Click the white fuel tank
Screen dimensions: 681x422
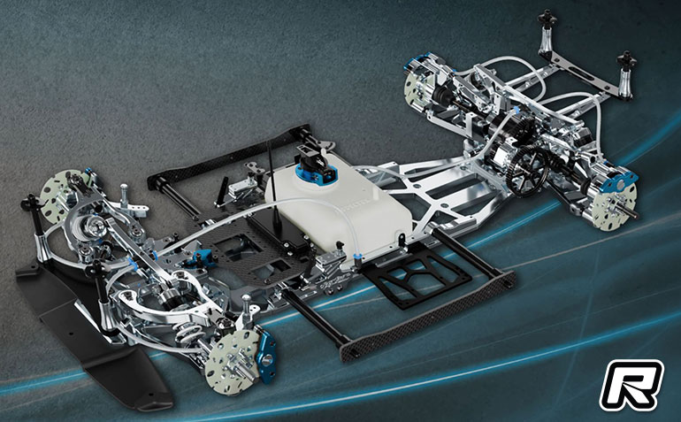tap(339, 205)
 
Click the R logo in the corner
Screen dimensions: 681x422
tap(631, 385)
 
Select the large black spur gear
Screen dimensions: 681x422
tap(527, 171)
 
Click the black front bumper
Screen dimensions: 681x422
tap(87, 330)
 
